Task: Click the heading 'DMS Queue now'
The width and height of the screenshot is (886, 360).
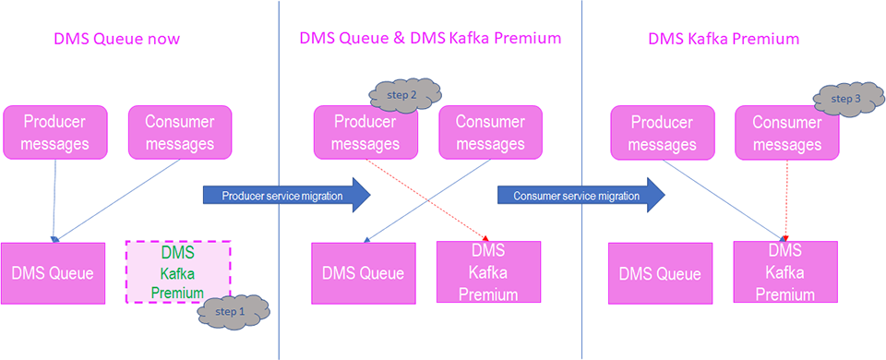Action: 116,39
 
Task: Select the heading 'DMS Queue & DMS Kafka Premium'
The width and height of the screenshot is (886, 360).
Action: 429,39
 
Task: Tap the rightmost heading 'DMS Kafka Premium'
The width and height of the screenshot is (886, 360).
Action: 724,39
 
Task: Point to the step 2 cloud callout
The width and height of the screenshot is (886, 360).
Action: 403,94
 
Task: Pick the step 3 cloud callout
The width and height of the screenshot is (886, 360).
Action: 846,98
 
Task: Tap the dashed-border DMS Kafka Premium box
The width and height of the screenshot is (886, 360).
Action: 177,270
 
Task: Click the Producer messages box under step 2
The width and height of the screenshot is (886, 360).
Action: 365,132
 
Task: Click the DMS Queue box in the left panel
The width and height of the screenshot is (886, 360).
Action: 54,272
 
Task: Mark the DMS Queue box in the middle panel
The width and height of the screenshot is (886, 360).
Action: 363,273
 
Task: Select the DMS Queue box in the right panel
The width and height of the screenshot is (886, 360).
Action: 660,273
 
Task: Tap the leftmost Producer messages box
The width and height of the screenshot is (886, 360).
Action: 55,132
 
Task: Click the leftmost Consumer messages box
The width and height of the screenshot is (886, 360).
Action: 179,132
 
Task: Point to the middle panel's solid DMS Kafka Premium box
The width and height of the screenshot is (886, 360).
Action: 488,271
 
